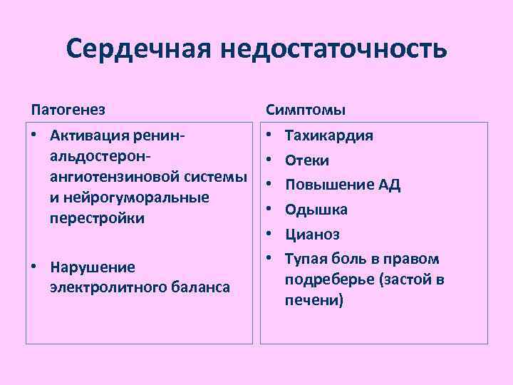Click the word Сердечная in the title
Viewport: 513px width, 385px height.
click(137, 49)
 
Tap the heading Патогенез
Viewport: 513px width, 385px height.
click(68, 110)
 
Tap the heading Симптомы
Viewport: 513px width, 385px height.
click(306, 110)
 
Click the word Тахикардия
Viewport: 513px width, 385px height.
click(329, 135)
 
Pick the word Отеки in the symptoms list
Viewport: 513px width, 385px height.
click(307, 160)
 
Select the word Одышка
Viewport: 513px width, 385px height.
click(316, 210)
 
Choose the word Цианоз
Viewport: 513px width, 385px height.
click(312, 234)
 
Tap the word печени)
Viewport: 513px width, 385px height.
click(314, 301)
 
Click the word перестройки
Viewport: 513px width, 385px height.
click(97, 218)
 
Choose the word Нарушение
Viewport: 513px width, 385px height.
click(92, 267)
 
